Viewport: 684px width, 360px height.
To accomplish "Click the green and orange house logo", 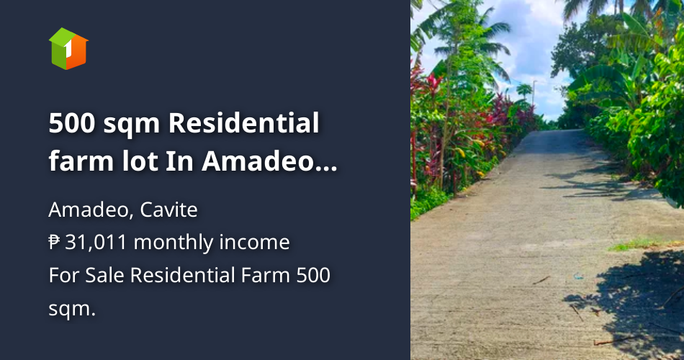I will click(x=68, y=48).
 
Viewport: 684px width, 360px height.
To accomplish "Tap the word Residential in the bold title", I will click(x=244, y=124).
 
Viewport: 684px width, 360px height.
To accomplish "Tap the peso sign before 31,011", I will click(x=55, y=243).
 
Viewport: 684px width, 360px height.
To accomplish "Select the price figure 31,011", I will click(x=96, y=243).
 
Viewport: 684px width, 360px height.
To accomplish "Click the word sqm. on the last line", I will click(x=72, y=308).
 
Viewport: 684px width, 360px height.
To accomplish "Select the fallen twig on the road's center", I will click(x=541, y=279).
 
